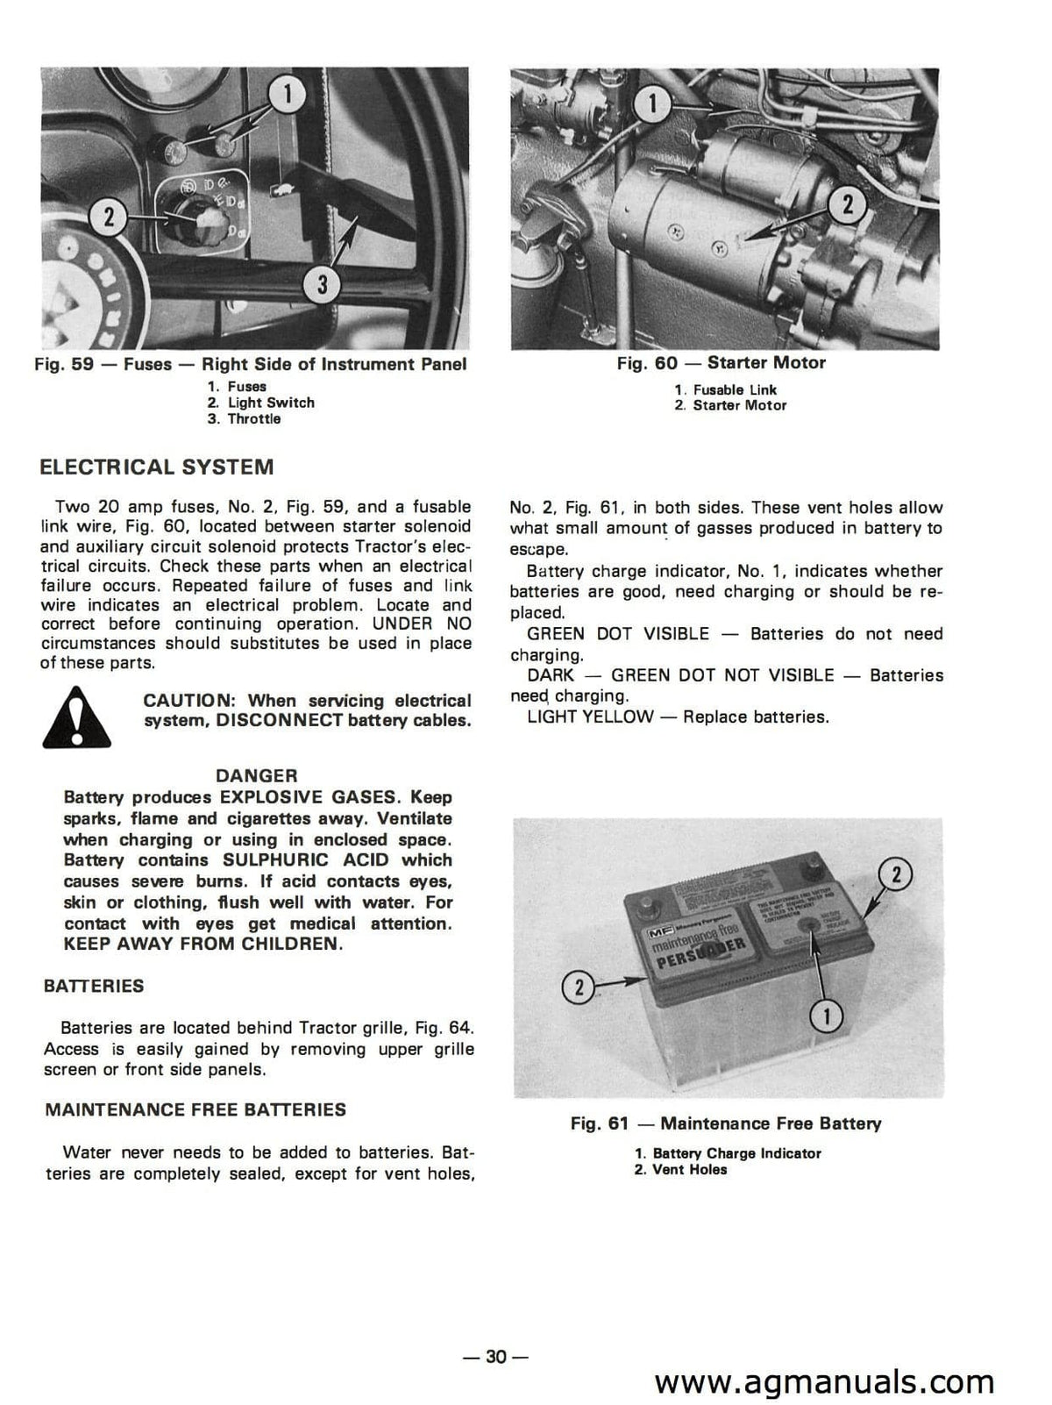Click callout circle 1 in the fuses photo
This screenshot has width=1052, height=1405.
coord(289,93)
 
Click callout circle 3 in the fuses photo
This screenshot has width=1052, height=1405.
coord(323,283)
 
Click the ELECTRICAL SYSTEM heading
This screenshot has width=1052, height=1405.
coord(157,467)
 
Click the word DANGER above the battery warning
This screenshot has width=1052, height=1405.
coord(257,775)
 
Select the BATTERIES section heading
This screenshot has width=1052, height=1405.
coord(94,986)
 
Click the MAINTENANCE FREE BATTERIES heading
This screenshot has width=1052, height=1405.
coord(195,1109)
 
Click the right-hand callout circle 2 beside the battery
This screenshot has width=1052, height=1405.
coord(896,874)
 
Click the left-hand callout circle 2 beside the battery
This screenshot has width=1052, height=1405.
coord(578,988)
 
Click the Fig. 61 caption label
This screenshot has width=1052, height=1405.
coord(726,1123)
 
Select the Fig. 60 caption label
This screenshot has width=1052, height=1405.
coord(721,363)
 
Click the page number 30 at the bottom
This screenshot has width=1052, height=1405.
coord(496,1357)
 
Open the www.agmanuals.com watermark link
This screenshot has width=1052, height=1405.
coord(824,1382)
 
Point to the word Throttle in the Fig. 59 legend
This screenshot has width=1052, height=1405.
coord(254,419)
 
